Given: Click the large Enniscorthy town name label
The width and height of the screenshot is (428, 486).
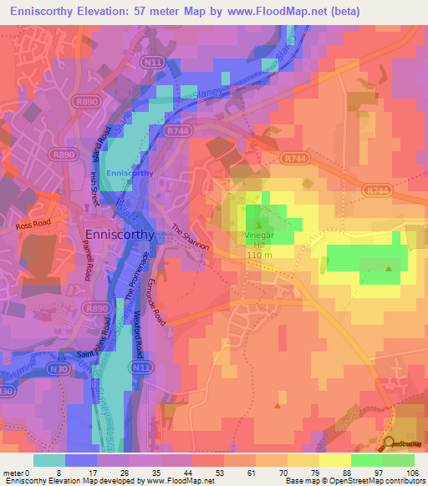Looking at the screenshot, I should (118, 235).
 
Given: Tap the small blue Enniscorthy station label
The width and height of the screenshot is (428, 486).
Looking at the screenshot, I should (130, 173).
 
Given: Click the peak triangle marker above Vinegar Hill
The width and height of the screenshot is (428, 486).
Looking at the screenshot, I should (258, 225).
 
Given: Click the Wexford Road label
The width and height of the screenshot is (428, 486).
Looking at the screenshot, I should (140, 334).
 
